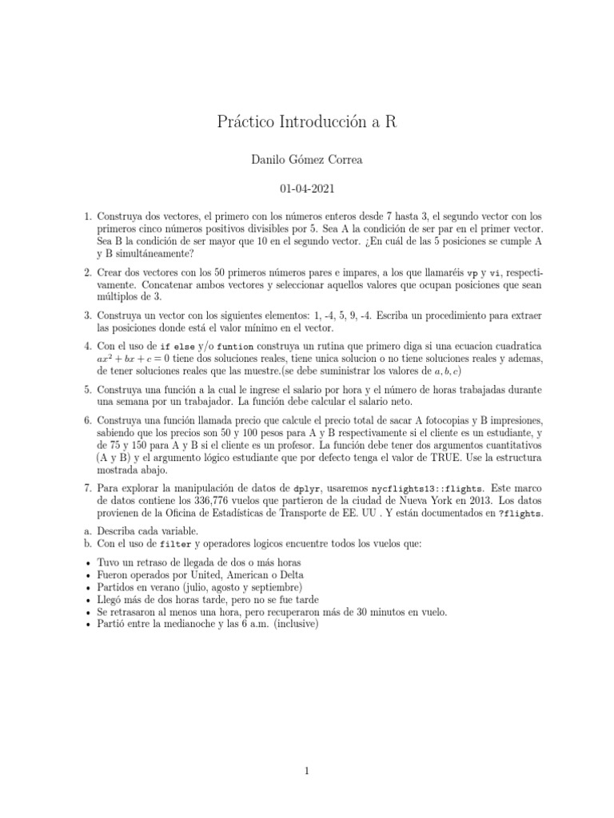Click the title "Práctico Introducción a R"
click(306, 122)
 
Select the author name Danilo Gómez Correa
click(306, 160)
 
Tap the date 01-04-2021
click(306, 190)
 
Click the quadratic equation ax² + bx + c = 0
click(143, 359)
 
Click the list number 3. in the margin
click(87, 316)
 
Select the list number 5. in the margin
click(87, 389)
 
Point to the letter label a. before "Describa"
click(87, 530)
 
